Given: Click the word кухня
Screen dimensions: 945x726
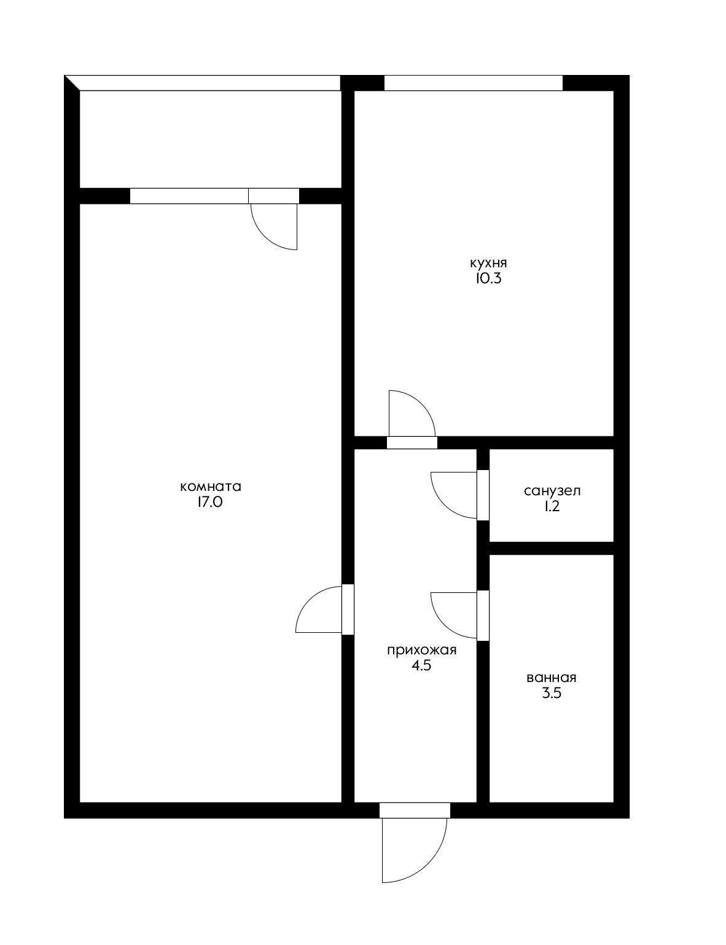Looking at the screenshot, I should pyautogui.click(x=488, y=264).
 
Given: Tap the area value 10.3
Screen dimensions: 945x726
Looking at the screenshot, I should pyautogui.click(x=488, y=279).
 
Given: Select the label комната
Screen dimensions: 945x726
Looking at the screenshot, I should pyautogui.click(x=210, y=487).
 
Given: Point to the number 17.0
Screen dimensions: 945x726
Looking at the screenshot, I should pyautogui.click(x=210, y=502).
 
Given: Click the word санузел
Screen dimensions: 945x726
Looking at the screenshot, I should pyautogui.click(x=552, y=491).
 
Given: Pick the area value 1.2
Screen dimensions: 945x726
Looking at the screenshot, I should pyautogui.click(x=552, y=506).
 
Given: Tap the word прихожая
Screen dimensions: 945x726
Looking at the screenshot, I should pyautogui.click(x=421, y=650).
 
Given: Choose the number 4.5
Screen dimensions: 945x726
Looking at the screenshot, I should pyautogui.click(x=421, y=665).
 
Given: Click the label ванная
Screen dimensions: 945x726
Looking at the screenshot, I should pyautogui.click(x=551, y=678).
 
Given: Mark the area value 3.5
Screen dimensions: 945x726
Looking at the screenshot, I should pyautogui.click(x=551, y=694).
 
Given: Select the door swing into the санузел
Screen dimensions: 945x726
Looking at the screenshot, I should pyautogui.click(x=453, y=495).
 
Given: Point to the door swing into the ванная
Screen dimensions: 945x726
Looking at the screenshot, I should pyautogui.click(x=453, y=615).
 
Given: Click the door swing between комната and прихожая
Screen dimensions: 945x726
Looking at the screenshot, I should pyautogui.click(x=318, y=610).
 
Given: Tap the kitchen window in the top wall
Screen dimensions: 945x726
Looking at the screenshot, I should pyautogui.click(x=473, y=83).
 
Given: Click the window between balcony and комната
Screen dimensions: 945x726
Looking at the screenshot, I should pyautogui.click(x=189, y=196).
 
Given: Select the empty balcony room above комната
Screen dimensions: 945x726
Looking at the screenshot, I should pyautogui.click(x=210, y=139).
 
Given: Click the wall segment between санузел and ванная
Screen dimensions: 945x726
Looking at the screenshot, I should pyautogui.click(x=551, y=548).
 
